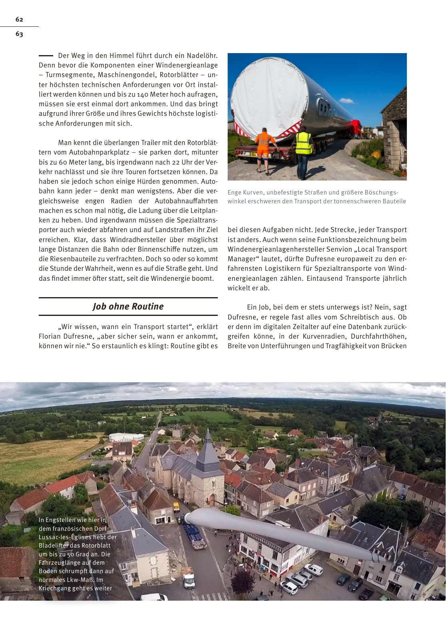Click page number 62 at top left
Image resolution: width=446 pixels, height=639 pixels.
[19, 20]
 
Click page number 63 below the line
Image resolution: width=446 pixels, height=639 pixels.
[19, 34]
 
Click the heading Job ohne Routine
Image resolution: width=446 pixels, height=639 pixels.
[128, 306]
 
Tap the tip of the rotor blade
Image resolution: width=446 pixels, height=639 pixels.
[188, 517]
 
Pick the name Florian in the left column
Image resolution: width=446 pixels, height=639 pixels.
[51, 336]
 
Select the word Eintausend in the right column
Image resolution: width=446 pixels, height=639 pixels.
[324, 278]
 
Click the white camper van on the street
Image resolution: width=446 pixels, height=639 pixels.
[189, 578]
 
